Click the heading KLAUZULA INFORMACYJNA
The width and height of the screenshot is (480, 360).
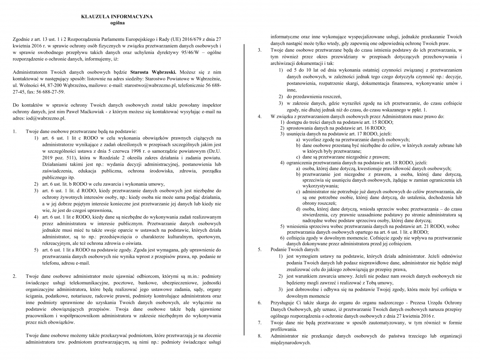click(x=117, y=17)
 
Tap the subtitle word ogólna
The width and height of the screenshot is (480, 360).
click(x=117, y=23)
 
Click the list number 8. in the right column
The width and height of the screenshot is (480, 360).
click(x=259, y=336)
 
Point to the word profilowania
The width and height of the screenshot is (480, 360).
click(x=285, y=329)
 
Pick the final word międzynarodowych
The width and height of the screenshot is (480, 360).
click(x=291, y=342)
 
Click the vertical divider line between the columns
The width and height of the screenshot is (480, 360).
click(x=244, y=187)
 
